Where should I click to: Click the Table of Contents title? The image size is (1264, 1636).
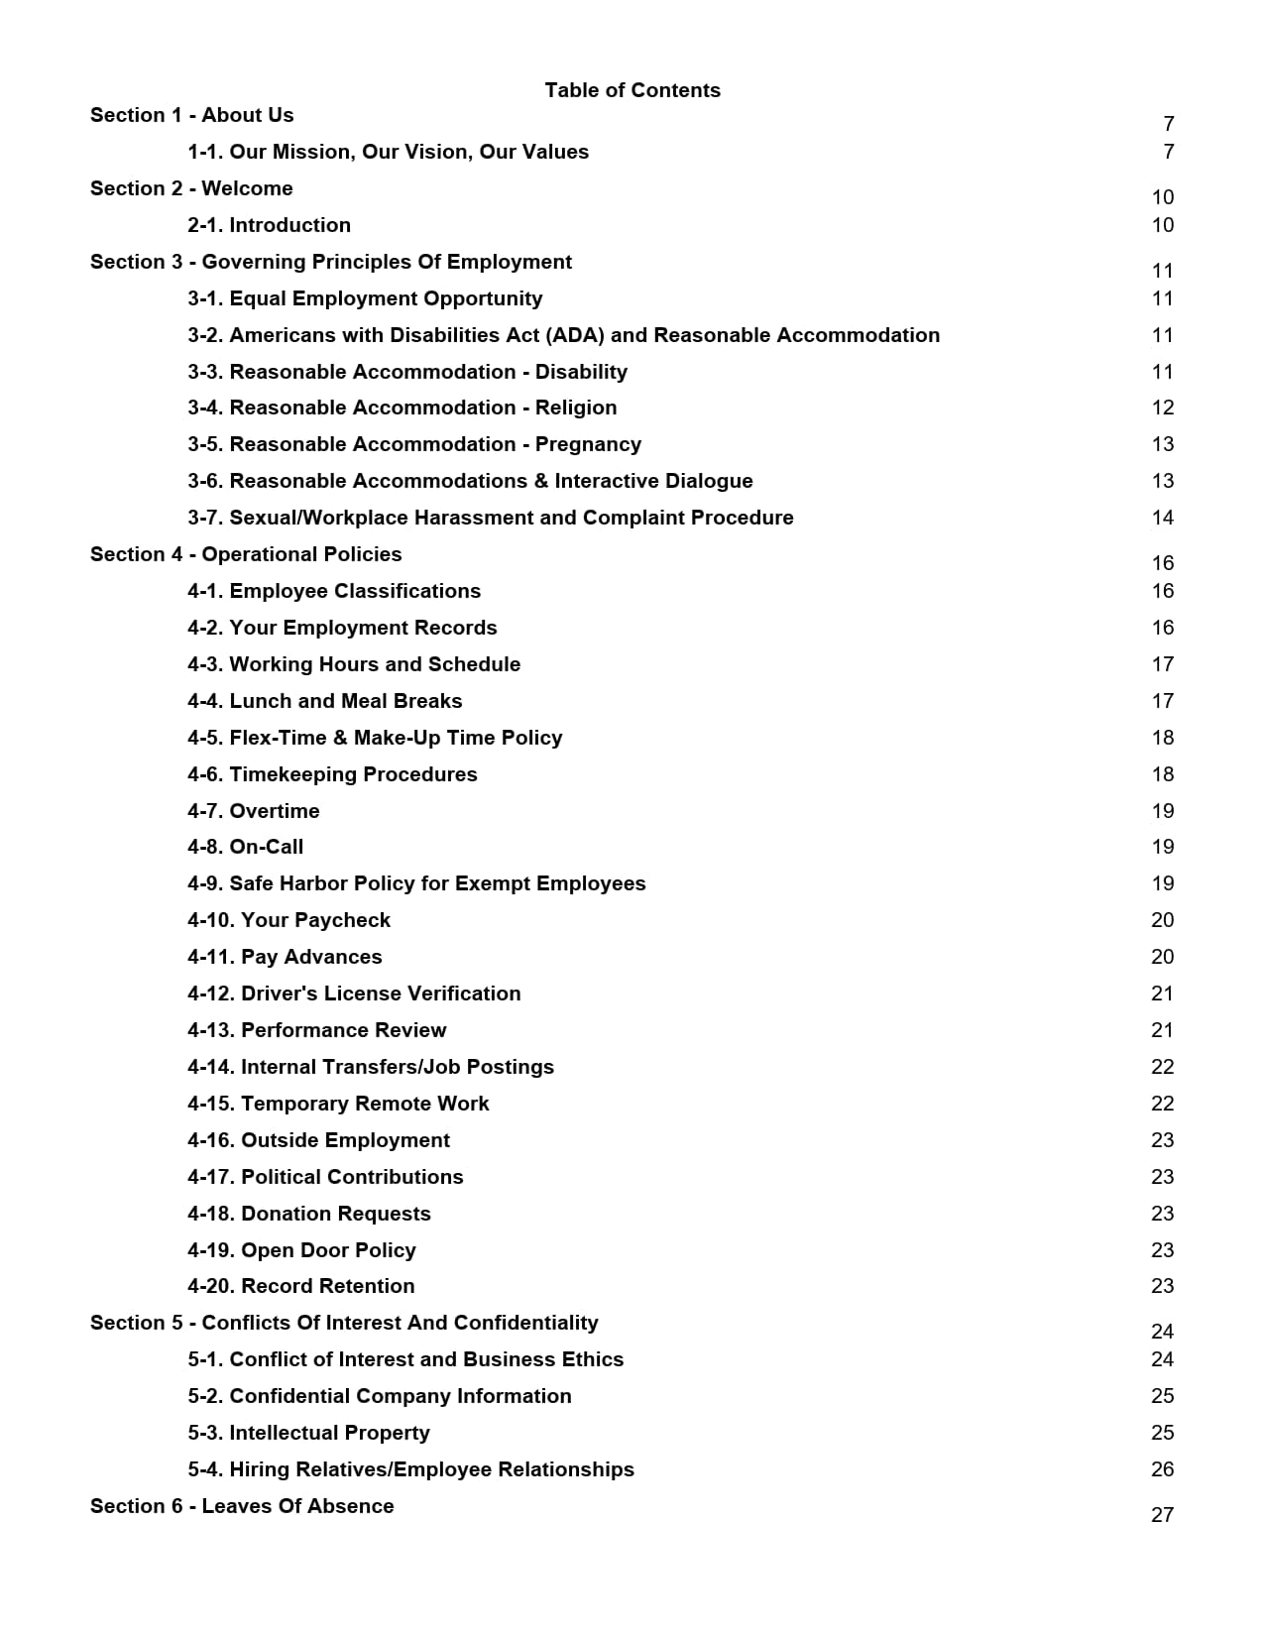pyautogui.click(x=632, y=90)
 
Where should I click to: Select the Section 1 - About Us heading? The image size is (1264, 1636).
pyautogui.click(x=191, y=115)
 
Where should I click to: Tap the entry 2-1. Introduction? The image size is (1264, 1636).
pyautogui.click(x=269, y=225)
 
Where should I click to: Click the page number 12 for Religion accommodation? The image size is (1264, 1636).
pyautogui.click(x=1162, y=408)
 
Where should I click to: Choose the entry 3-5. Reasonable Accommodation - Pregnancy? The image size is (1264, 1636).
pyautogui.click(x=414, y=444)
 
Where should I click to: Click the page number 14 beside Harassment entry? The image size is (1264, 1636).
pyautogui.click(x=1162, y=518)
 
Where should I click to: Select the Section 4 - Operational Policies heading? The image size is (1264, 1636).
pyautogui.click(x=246, y=554)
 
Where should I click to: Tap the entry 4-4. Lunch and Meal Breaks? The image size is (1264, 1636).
pyautogui.click(x=324, y=701)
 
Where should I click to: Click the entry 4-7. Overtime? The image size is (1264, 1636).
pyautogui.click(x=254, y=811)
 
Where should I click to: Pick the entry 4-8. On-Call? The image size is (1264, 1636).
pyautogui.click(x=245, y=847)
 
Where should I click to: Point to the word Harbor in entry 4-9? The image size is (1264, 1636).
pyautogui.click(x=312, y=883)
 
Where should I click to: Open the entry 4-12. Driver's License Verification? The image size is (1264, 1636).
pyautogui.click(x=354, y=993)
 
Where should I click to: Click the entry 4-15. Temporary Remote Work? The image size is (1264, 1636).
pyautogui.click(x=338, y=1104)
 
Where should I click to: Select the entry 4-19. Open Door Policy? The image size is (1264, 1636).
pyautogui.click(x=301, y=1250)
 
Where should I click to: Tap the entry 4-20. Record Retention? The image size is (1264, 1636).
pyautogui.click(x=300, y=1286)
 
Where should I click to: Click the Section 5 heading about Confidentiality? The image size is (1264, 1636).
pyautogui.click(x=344, y=1323)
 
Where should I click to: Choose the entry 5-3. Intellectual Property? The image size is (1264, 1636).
pyautogui.click(x=308, y=1433)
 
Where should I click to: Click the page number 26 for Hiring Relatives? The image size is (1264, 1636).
pyautogui.click(x=1162, y=1469)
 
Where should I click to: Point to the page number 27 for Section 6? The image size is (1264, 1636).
pyautogui.click(x=1162, y=1515)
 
